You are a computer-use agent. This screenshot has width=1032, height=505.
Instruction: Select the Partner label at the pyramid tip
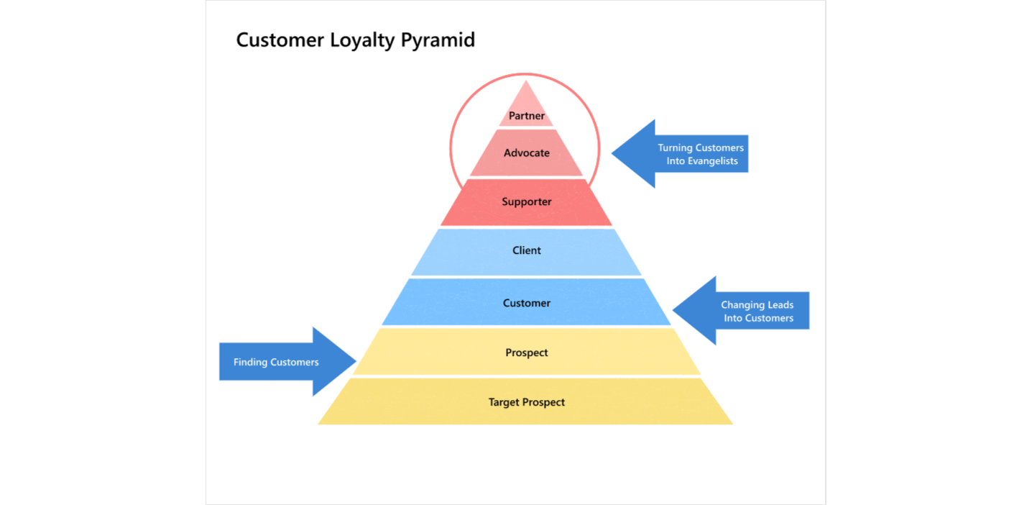coord(527,116)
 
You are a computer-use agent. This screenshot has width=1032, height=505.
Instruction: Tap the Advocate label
coord(527,153)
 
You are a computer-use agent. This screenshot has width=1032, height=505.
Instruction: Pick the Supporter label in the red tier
coord(527,202)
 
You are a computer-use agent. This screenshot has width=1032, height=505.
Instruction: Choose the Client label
coord(527,251)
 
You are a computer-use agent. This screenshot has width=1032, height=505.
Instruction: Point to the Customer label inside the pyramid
coord(527,304)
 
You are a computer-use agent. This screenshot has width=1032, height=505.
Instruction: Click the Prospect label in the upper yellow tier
coord(527,353)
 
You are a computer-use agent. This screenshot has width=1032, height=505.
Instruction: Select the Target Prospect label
coord(527,403)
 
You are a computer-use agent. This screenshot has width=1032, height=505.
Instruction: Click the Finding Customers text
coord(276,363)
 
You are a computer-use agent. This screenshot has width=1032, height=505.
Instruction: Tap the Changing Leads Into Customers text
coord(757,311)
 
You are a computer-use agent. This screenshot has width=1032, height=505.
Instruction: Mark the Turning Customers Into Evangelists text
coord(701,155)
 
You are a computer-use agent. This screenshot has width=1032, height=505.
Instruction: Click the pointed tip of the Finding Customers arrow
coord(355,362)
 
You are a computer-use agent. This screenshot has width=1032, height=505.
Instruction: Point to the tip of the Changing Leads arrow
coord(674,311)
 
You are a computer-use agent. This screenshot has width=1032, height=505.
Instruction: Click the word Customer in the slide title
coord(280,40)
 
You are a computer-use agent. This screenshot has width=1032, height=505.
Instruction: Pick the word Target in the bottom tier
coord(505,403)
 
